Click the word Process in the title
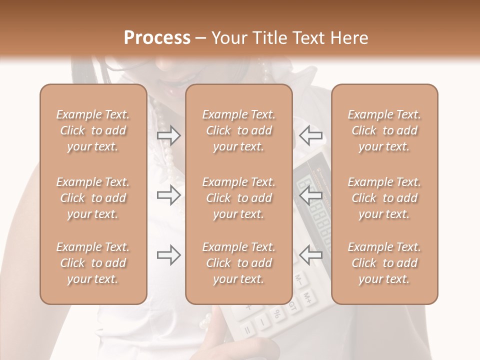point(157,37)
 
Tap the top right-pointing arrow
point(169,135)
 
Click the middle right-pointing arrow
point(169,195)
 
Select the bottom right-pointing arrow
point(169,255)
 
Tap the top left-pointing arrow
point(310,135)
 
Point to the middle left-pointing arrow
point(310,195)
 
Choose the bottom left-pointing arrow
point(310,255)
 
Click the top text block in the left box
point(93,130)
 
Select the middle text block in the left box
point(93,198)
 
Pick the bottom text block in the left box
point(93,263)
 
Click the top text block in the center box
point(239,130)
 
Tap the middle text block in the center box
point(239,198)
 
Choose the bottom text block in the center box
point(239,263)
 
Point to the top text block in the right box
point(384,130)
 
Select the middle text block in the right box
point(384,198)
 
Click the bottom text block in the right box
point(384,263)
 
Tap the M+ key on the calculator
point(309,299)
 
